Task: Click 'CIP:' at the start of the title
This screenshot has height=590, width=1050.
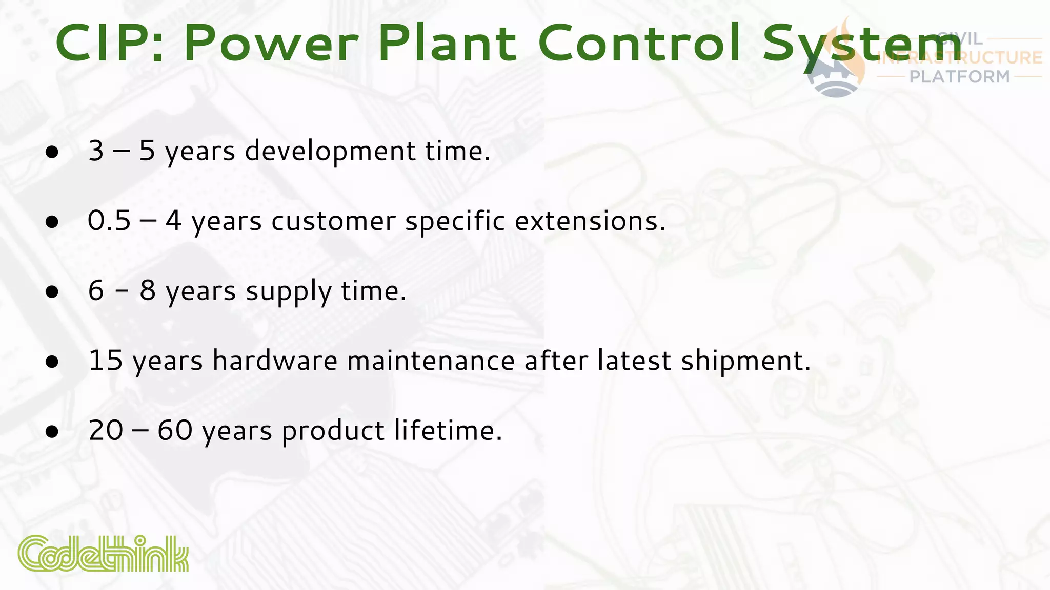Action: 110,43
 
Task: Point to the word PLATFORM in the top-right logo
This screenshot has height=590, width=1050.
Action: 959,77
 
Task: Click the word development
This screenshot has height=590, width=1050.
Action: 330,152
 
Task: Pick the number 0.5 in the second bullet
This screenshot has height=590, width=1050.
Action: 109,221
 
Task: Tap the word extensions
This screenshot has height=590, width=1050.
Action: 590,221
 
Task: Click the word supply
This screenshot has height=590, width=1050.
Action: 289,292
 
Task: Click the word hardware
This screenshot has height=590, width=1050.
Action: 275,361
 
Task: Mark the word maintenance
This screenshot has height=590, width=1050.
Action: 431,361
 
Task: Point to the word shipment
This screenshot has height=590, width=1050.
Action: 745,361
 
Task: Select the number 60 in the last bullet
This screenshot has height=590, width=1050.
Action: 175,430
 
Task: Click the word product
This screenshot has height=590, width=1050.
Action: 333,431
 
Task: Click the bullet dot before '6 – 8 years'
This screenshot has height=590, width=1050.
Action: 52,292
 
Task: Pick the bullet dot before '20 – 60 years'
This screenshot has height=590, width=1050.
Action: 52,431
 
